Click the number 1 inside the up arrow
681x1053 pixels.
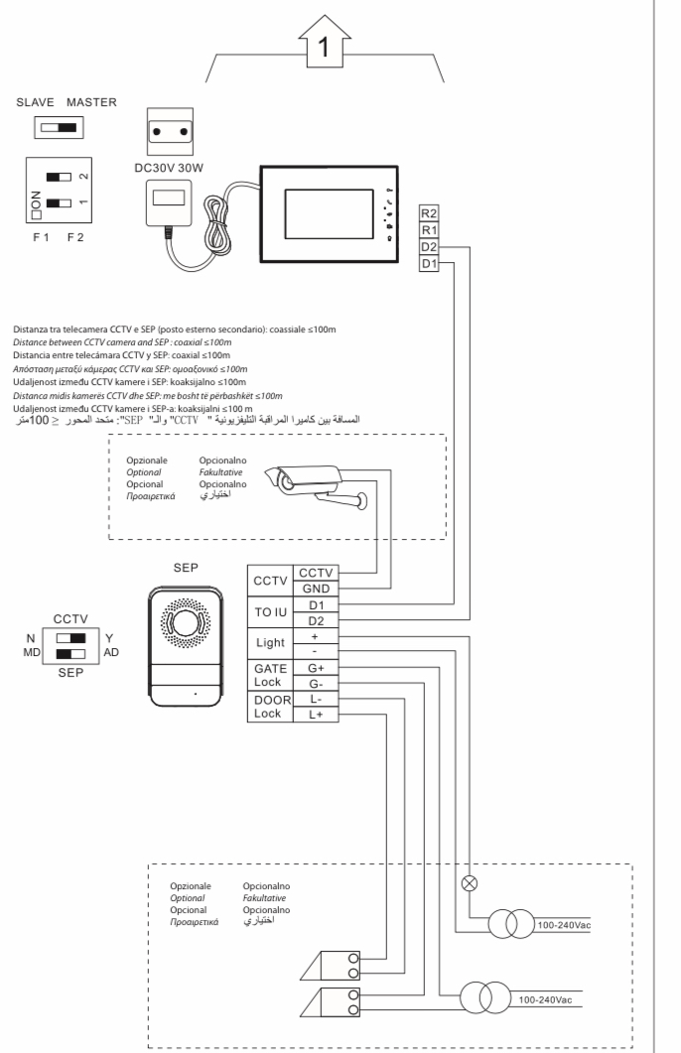click(324, 47)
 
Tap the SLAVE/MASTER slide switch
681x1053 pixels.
click(60, 128)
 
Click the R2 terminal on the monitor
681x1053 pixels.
click(429, 213)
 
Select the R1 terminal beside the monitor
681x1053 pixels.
click(429, 230)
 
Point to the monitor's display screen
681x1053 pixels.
click(329, 214)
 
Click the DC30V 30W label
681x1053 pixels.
click(169, 168)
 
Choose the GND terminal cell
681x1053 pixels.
click(316, 589)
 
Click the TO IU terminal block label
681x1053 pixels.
click(270, 612)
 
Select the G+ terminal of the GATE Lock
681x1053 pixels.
click(316, 668)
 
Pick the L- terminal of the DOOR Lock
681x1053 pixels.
click(316, 699)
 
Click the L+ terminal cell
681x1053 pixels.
click(316, 715)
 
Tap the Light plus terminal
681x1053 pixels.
click(316, 636)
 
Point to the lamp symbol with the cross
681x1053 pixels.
click(471, 883)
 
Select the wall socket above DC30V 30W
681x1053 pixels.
click(169, 132)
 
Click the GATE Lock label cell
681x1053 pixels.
click(270, 676)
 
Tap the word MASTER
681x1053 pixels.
click(91, 102)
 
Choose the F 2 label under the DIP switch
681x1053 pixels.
click(75, 237)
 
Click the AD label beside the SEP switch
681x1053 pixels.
click(111, 652)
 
